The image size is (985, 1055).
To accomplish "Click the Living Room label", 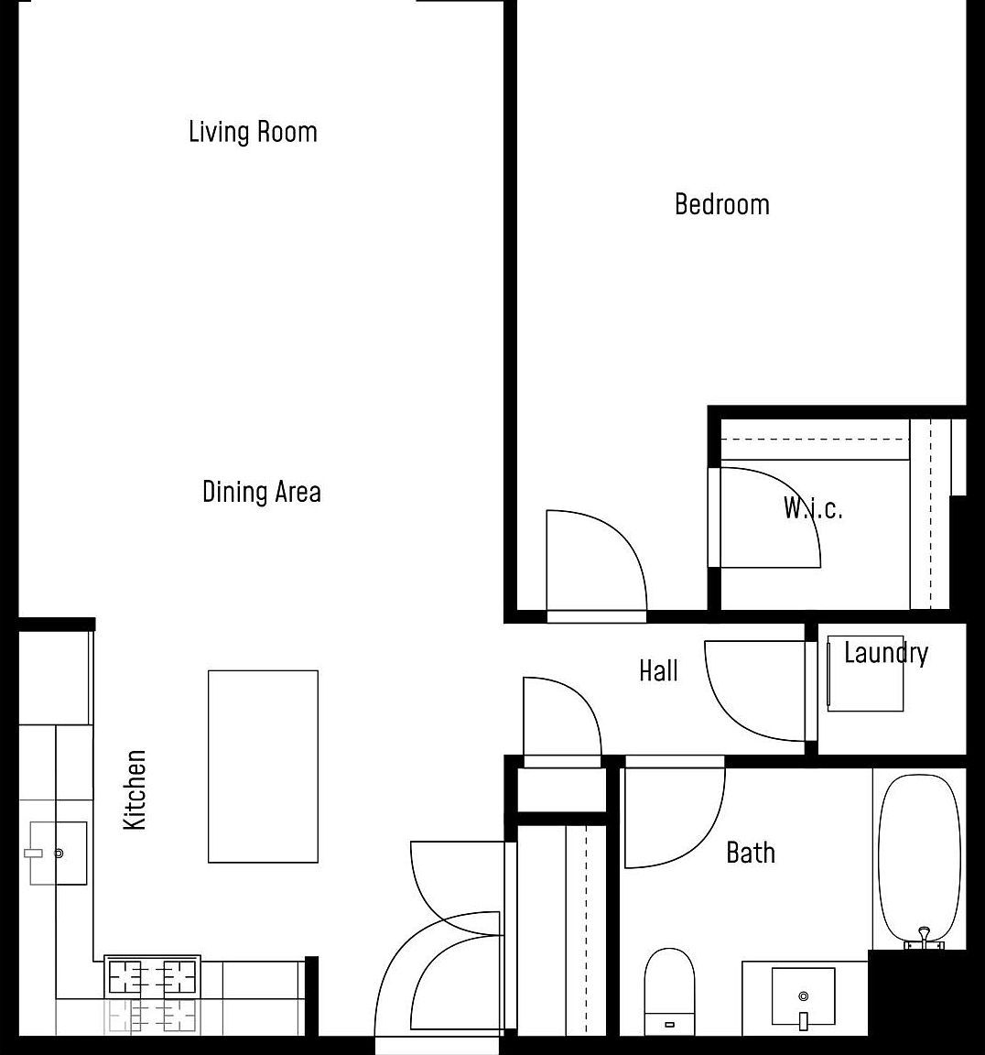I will (x=253, y=132).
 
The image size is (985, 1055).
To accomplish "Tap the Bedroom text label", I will (x=721, y=203).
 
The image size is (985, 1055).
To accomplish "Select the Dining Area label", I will (x=261, y=492).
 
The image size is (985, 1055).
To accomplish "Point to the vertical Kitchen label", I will (x=135, y=789).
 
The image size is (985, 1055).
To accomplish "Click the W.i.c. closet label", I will (x=812, y=508).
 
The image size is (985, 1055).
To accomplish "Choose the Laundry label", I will (x=885, y=653).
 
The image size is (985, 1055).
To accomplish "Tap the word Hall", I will (x=658, y=671).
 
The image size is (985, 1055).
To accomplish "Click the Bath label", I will (x=750, y=853).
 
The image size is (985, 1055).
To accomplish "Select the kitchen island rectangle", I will (x=263, y=767).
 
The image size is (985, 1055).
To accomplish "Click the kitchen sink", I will (x=58, y=853).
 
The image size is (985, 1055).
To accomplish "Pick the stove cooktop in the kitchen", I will (x=153, y=977).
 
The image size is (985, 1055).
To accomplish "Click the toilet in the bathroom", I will (x=669, y=991).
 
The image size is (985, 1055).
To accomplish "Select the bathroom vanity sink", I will (x=803, y=996).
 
